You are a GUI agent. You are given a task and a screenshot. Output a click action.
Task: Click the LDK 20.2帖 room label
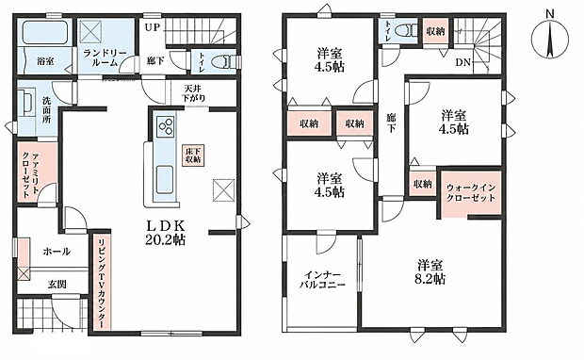(165, 233)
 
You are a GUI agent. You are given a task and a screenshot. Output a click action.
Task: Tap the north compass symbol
(550, 39)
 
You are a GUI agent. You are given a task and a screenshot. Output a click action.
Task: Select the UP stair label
(152, 27)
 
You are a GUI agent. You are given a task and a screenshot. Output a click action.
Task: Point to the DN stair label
(463, 62)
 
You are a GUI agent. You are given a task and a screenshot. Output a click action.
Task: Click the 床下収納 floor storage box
(193, 155)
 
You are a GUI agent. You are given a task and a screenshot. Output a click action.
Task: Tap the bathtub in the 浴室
(45, 32)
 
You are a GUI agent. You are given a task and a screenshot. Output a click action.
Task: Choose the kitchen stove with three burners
(166, 125)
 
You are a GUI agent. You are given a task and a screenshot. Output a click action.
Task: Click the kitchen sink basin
(165, 180)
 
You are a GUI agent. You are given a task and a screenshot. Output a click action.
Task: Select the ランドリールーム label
(105, 57)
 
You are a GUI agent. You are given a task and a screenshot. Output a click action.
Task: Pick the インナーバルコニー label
(322, 280)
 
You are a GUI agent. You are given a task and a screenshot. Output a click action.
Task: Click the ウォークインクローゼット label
(471, 192)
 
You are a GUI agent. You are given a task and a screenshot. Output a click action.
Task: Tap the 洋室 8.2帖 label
(430, 272)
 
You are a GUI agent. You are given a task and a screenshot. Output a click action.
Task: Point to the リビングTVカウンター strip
(102, 282)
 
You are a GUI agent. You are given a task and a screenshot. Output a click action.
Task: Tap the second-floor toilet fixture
(407, 30)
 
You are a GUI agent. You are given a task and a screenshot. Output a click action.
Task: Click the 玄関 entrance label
(57, 285)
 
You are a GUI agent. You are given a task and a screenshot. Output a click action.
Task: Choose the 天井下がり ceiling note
(193, 94)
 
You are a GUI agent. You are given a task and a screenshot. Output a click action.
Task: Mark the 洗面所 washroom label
(47, 110)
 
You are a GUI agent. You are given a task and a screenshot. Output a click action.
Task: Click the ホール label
(57, 252)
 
